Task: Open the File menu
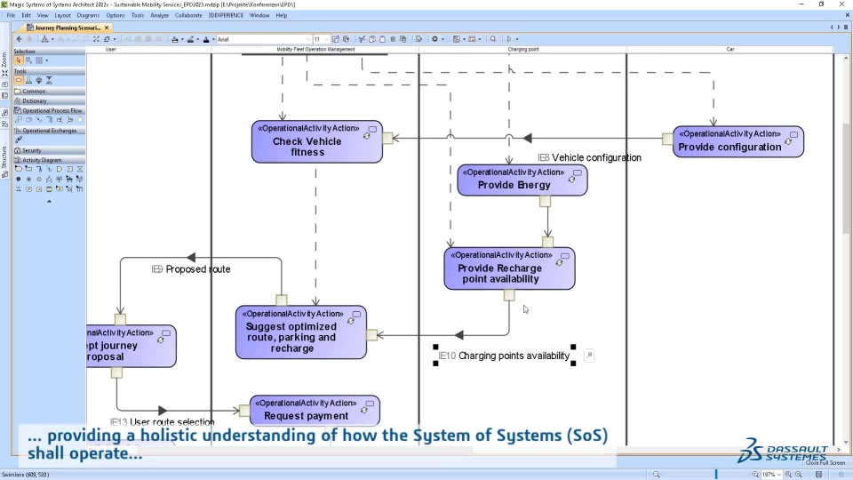(x=12, y=15)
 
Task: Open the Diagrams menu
(x=88, y=15)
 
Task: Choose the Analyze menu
(x=160, y=15)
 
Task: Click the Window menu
(x=259, y=15)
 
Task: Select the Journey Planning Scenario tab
(x=68, y=28)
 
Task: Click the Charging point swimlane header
(x=523, y=50)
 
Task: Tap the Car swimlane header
(x=730, y=50)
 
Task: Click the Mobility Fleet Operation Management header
(x=315, y=50)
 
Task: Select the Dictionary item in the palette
(x=35, y=100)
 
